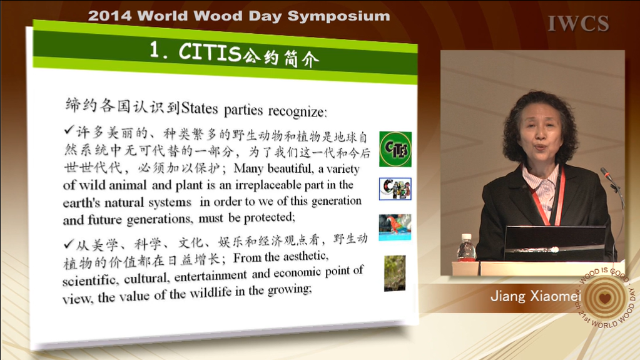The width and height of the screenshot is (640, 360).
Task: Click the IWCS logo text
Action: click(x=578, y=23)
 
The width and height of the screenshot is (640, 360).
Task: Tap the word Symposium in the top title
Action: click(x=338, y=16)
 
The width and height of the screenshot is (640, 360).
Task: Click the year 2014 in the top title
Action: click(x=110, y=16)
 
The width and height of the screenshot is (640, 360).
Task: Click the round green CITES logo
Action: click(x=395, y=149)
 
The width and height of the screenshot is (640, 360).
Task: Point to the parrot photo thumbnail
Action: click(x=395, y=227)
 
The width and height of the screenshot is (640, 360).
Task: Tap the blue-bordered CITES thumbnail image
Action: click(x=395, y=189)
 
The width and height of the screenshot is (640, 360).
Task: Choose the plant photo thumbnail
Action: click(x=395, y=273)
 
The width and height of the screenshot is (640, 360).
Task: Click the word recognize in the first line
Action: click(x=297, y=111)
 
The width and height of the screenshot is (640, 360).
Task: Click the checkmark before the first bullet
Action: click(x=69, y=130)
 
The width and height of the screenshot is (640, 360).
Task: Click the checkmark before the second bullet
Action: click(x=69, y=244)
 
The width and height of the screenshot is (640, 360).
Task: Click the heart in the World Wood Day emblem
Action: click(x=605, y=297)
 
